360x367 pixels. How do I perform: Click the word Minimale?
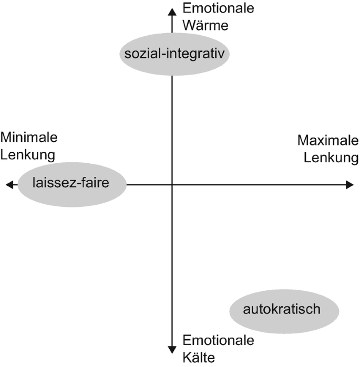[x=29, y=138]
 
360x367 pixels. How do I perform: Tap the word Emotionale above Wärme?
[x=218, y=8]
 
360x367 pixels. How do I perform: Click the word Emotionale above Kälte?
[x=218, y=341]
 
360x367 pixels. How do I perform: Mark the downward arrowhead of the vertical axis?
[x=172, y=349]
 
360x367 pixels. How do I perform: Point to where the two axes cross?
[x=172, y=184]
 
